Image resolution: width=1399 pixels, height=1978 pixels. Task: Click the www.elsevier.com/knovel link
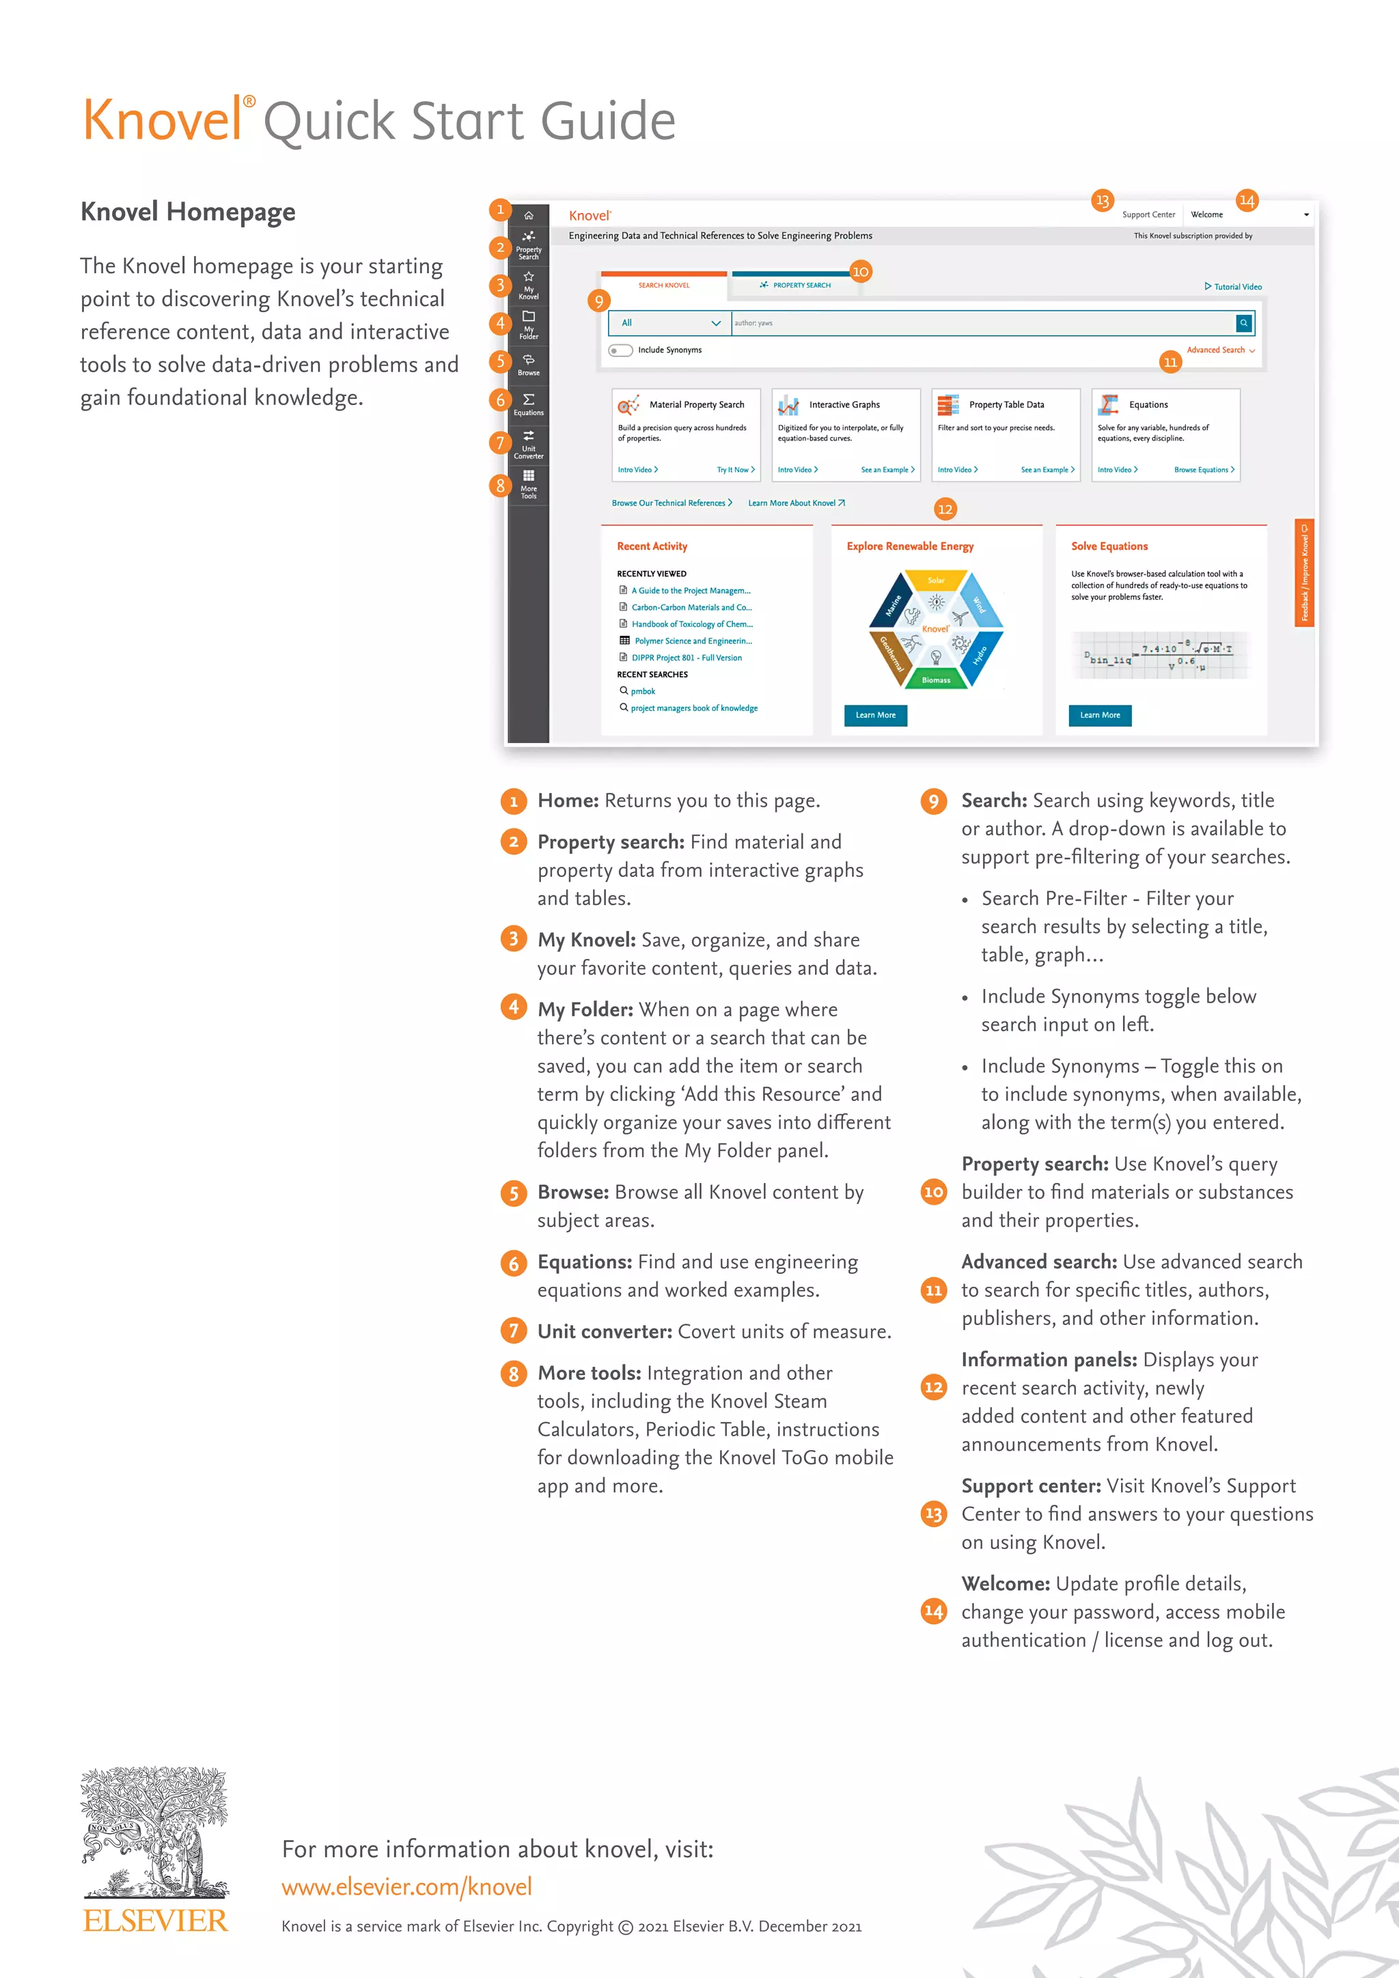coord(406,1886)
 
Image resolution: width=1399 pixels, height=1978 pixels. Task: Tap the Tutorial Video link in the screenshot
coord(1233,287)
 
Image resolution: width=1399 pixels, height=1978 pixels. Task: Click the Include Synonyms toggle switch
coord(620,350)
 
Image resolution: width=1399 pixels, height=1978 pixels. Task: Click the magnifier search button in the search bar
coord(1244,323)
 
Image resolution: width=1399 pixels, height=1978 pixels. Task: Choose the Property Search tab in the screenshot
coord(795,285)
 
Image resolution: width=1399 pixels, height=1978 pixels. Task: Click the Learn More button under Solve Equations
coord(1100,715)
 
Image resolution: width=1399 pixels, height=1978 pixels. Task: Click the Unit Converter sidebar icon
coord(528,443)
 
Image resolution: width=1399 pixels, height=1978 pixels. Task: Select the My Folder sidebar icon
coord(528,324)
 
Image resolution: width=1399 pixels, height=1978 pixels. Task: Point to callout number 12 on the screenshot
coord(945,509)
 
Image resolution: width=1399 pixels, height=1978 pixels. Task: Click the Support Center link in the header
coord(1148,214)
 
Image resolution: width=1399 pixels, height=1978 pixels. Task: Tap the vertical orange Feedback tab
coord(1304,573)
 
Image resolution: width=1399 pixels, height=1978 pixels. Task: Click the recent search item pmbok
coord(643,691)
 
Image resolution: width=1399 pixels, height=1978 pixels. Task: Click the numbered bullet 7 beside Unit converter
coord(514,1331)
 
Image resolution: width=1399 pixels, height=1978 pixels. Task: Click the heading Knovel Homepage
coord(188,212)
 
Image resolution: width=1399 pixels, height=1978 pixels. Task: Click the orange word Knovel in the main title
coord(162,121)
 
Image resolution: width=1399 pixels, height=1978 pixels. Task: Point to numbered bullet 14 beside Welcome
coord(934,1611)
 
